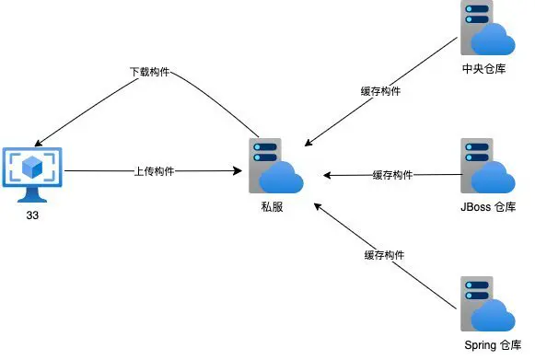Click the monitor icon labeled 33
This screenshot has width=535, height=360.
33,173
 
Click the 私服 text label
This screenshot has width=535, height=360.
272,208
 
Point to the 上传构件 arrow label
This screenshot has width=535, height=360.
155,170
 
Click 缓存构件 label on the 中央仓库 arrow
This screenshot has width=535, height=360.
381,91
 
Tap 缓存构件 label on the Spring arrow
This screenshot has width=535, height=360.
384,254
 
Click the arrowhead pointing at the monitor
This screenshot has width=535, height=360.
35,143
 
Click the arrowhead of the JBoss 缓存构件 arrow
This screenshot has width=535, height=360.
327,174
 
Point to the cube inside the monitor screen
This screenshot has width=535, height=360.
33,167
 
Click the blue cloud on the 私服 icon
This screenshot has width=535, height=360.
283,179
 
